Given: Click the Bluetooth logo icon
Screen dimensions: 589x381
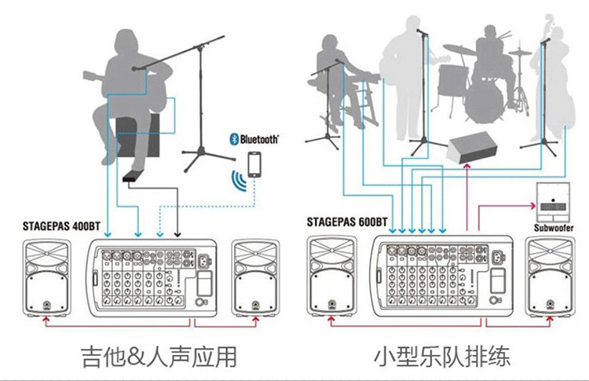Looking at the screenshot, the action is point(233,139).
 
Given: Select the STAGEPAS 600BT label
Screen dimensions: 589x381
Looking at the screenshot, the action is point(346,222).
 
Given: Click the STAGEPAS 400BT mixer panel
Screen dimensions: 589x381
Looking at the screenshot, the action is point(152,277).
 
